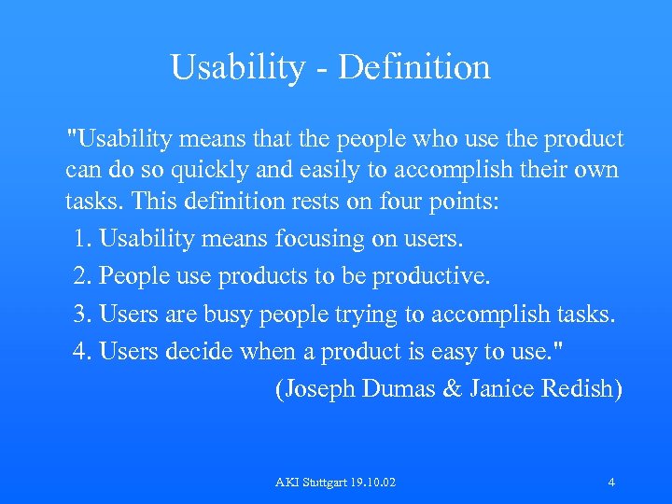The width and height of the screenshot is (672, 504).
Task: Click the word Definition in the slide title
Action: pyautogui.click(x=415, y=67)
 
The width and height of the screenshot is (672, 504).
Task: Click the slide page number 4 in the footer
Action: pyautogui.click(x=610, y=483)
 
